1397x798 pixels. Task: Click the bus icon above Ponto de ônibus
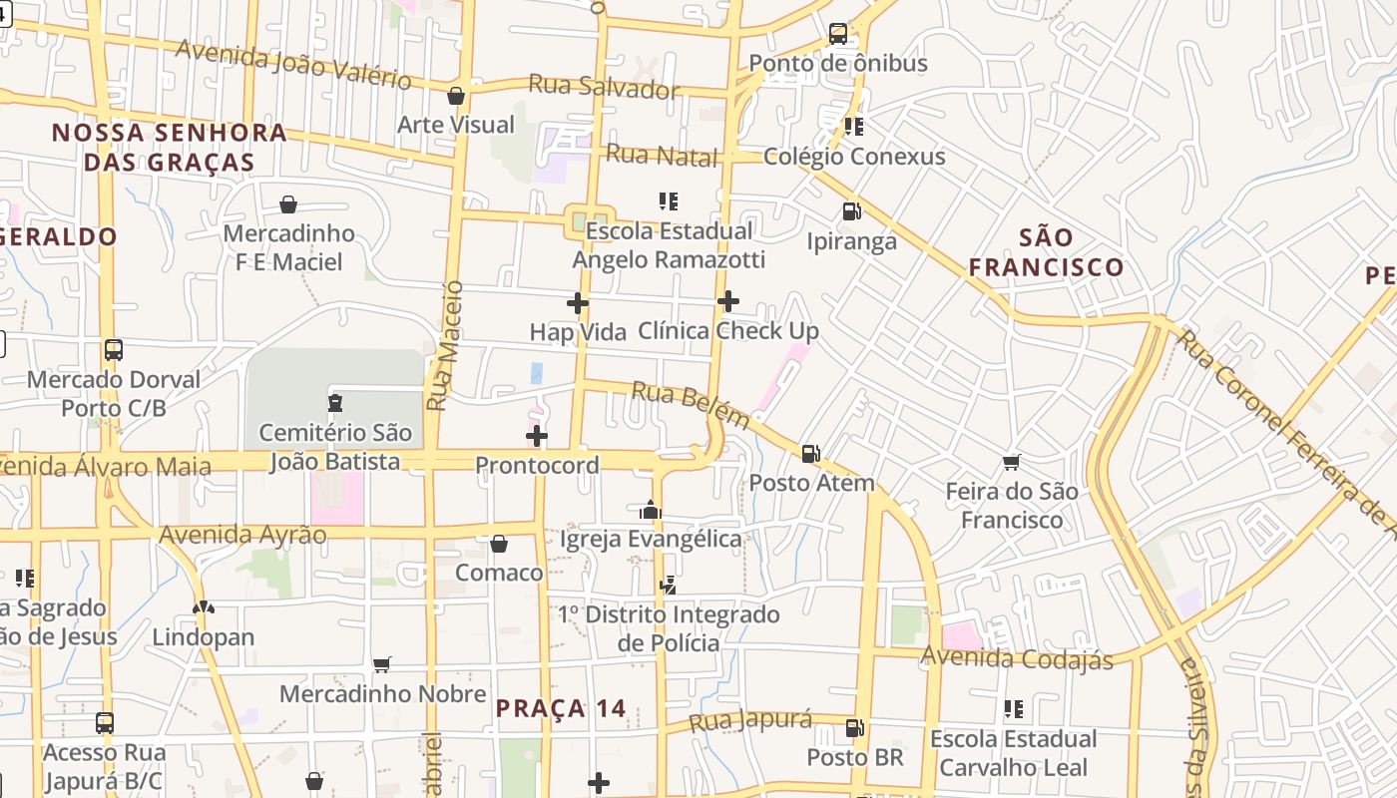838,34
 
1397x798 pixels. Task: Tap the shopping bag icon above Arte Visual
456,96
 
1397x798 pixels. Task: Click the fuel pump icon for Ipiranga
851,211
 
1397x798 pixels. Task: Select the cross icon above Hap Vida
577,303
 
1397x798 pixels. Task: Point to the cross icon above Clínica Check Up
728,300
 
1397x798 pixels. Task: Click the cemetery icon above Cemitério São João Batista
334,403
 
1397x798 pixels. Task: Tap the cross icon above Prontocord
537,436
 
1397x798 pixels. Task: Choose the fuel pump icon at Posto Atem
811,454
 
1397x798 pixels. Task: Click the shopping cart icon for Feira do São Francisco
1012,462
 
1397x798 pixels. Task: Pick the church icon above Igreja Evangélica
651,511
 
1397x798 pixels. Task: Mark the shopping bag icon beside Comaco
499,544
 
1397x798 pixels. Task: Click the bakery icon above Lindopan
204,607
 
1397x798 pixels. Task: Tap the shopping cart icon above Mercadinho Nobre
381,664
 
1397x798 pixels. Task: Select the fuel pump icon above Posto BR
854,728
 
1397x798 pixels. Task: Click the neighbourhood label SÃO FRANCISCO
1046,252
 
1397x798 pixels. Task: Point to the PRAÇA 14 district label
561,709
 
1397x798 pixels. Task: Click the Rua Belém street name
691,406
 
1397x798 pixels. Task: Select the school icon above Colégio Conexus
853,127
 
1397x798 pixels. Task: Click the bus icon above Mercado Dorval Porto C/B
114,350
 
